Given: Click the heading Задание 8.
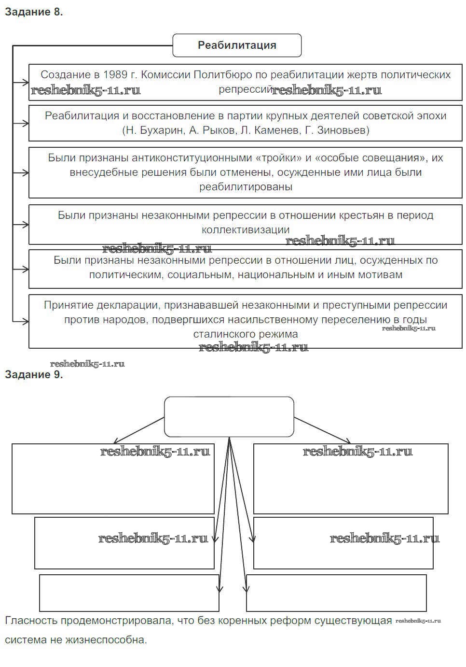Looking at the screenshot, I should [x=34, y=12].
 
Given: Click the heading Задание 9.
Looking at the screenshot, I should [x=34, y=375].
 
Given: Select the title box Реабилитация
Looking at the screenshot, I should [x=237, y=45].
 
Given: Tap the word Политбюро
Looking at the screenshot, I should [x=218, y=75].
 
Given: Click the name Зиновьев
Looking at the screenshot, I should [x=343, y=130].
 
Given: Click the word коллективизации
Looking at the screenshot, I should [x=246, y=230].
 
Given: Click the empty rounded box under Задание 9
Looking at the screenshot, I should [x=229, y=417].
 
